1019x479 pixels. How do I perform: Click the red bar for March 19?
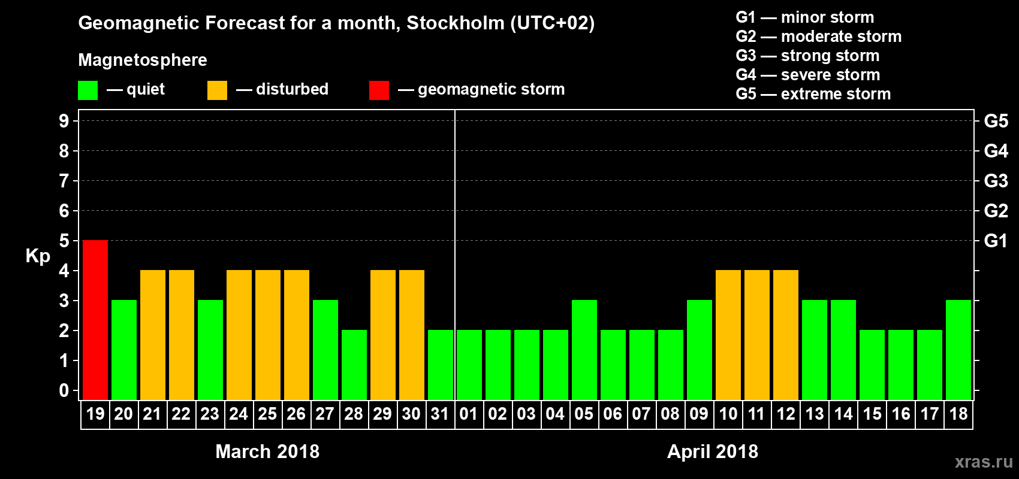(x=95, y=320)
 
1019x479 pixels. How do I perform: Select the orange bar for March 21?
(x=153, y=335)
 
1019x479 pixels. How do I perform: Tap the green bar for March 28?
(x=354, y=365)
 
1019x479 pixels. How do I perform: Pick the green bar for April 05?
(x=584, y=350)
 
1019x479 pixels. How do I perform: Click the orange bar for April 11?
(x=757, y=335)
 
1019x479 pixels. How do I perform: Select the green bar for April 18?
(x=958, y=350)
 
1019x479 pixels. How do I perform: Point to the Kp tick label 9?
(x=64, y=121)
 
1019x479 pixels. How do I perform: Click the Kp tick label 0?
(x=64, y=390)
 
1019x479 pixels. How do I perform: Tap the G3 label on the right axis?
(x=996, y=181)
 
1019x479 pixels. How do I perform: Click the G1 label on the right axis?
(x=996, y=241)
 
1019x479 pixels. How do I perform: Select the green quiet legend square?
(x=88, y=90)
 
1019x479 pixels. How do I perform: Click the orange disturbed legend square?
(x=217, y=90)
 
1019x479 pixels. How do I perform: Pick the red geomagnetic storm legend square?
(x=379, y=90)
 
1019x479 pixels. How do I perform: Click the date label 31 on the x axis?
(x=440, y=414)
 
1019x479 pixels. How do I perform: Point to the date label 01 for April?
(x=469, y=414)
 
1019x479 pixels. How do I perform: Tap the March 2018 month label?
(x=267, y=451)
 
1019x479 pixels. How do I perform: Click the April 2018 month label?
(x=713, y=451)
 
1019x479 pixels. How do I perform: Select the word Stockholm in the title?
(x=456, y=23)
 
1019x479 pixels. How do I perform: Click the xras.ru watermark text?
(x=984, y=462)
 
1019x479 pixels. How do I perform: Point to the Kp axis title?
(x=38, y=256)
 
